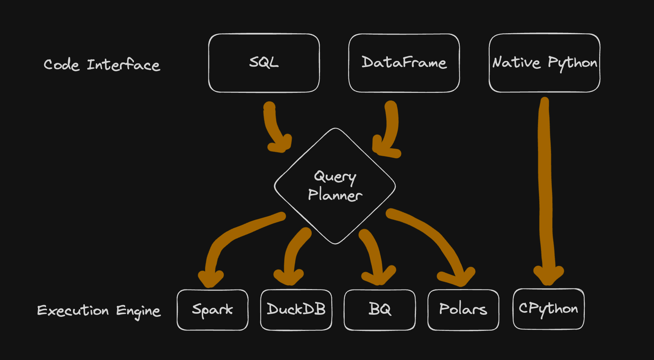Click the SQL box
pos(264,63)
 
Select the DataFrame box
pos(404,63)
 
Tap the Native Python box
pos(544,63)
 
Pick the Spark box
pos(212,310)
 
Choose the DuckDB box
pos(296,310)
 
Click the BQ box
pos(380,310)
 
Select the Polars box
pos(463,310)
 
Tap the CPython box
pos(548,309)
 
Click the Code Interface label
pos(102,65)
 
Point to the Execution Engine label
pos(99,311)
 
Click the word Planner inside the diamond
pos(335,195)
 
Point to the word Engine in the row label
pos(138,311)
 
